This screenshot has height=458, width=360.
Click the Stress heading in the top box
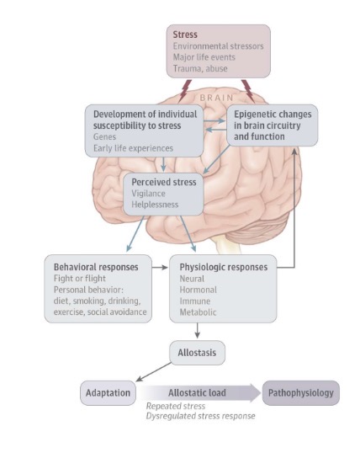(187, 35)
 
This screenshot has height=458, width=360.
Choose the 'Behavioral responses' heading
(96, 267)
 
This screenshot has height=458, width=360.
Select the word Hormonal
(198, 290)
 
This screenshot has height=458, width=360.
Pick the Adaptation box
(107, 392)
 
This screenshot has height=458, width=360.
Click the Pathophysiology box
(300, 392)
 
